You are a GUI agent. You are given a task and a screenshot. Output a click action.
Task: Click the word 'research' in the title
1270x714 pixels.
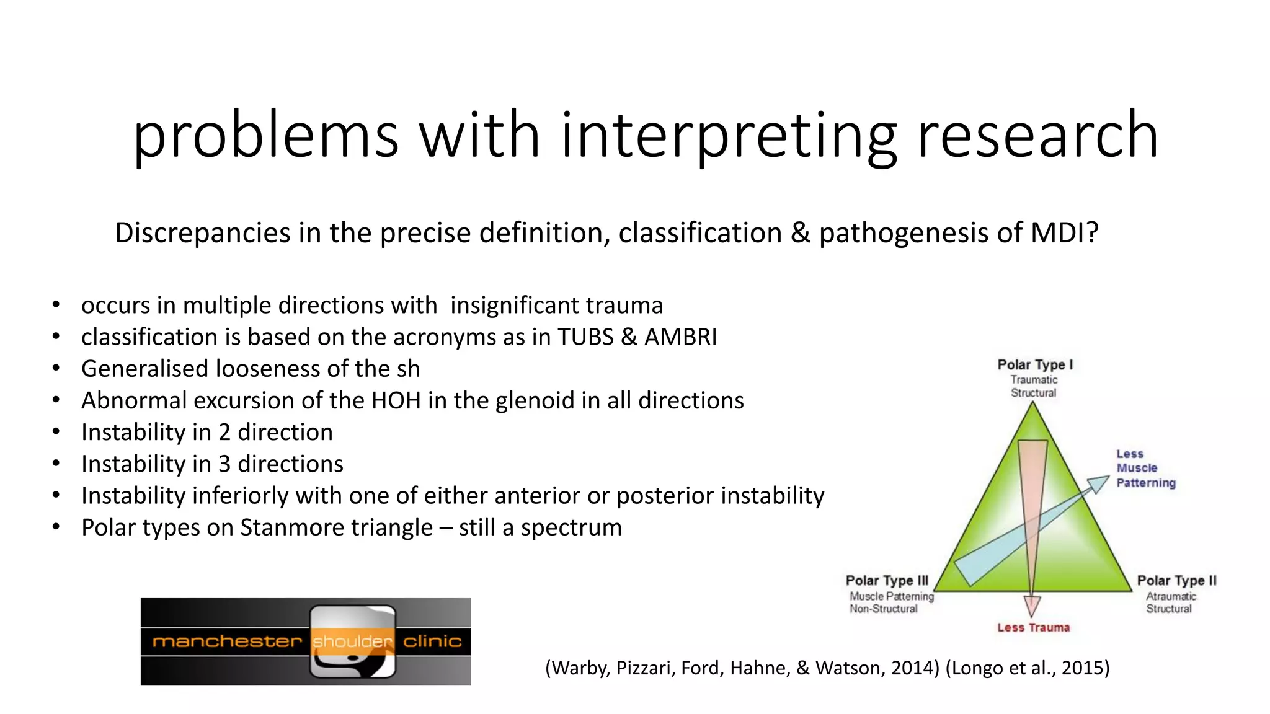point(1037,135)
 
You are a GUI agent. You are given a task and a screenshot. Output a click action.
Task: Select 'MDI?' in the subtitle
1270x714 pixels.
point(1064,233)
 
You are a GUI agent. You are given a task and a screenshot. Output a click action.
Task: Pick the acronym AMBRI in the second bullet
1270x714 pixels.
point(680,337)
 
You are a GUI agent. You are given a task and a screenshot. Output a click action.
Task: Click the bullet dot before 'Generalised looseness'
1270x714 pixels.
point(56,368)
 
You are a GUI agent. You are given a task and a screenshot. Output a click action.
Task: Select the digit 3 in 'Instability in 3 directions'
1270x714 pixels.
point(224,464)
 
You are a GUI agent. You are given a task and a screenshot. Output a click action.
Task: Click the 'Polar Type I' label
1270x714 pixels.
point(1034,365)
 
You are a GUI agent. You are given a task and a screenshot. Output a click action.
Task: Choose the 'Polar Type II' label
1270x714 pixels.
point(1176,581)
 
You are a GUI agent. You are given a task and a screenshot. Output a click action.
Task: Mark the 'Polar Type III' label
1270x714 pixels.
point(887,581)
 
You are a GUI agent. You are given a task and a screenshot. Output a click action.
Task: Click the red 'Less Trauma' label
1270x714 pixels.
point(1033,628)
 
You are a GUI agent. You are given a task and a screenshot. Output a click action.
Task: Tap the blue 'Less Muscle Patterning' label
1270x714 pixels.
point(1145,469)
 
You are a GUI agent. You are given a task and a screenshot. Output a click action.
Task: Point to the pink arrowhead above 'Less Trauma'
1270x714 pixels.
point(1032,604)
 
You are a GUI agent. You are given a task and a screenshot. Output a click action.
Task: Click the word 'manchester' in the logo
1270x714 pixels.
point(226,641)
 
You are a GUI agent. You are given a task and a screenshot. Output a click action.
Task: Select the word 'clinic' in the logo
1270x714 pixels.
point(432,641)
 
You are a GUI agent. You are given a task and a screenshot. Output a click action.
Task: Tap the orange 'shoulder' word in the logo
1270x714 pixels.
point(352,641)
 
